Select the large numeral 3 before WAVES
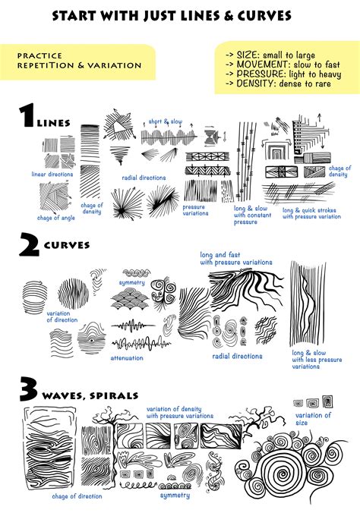pos(29,392)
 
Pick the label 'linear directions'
pos(52,175)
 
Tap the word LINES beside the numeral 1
pos(55,122)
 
